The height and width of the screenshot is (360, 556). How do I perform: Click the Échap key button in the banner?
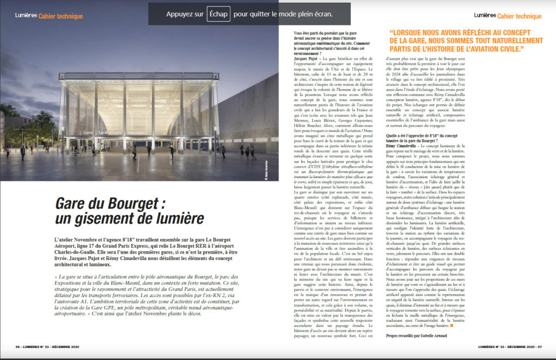tap(218, 12)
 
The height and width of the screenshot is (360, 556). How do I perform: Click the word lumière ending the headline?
tap(179, 219)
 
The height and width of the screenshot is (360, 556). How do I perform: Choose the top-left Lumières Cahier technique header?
tap(49, 16)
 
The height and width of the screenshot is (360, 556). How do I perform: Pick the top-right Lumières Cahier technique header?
tap(508, 16)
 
